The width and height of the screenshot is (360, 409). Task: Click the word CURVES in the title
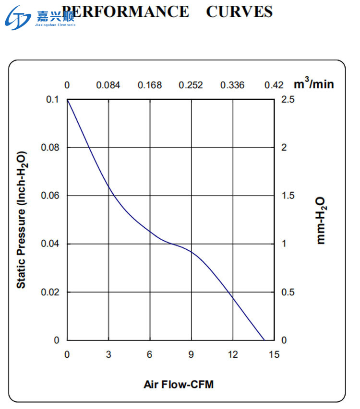pos(239,12)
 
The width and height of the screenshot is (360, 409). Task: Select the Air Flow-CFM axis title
pos(178,385)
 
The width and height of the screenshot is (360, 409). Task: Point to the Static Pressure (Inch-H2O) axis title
pos(21,220)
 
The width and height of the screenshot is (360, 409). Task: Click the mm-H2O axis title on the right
pos(321,220)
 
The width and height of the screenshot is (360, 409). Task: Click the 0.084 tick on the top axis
pos(108,85)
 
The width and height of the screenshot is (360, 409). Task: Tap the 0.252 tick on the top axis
pos(191,85)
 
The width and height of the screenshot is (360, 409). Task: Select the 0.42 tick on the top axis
pos(274,85)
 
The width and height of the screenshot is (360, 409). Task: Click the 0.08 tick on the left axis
pos(50,147)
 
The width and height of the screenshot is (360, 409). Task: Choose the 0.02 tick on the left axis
pos(50,292)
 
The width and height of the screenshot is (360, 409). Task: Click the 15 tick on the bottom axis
pos(274,354)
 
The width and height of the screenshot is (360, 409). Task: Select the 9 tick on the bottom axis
pos(191,354)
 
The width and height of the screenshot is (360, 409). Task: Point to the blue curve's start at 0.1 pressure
pos(68,100)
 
